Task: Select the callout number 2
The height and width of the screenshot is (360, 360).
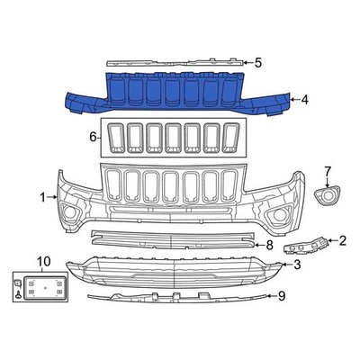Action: (342, 240)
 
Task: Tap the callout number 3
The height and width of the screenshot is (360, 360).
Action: (296, 264)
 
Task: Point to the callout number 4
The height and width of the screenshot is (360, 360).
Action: (305, 100)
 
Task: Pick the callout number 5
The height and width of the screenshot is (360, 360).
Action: (257, 63)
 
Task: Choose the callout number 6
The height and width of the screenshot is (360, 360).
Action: (93, 138)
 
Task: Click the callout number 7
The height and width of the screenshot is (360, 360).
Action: (328, 171)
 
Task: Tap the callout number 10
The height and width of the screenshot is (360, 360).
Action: (38, 262)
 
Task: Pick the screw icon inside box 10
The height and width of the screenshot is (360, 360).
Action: (19, 288)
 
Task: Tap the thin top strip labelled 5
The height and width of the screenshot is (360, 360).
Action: (175, 63)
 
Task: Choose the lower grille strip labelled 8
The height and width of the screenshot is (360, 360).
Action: (171, 239)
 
